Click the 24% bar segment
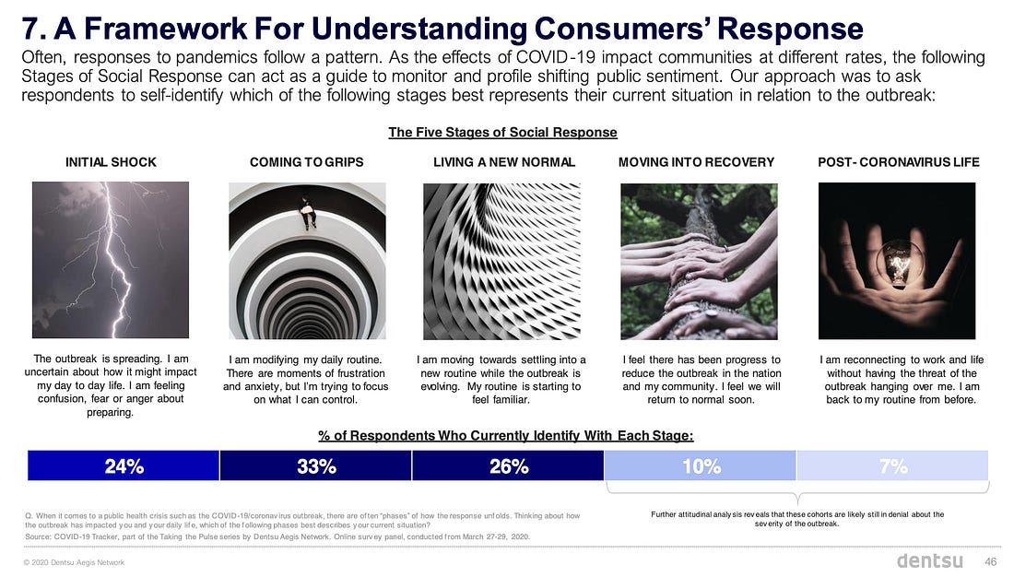pos(124,465)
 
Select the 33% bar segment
pos(315,465)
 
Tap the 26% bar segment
pos(508,465)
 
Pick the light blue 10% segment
pos(701,465)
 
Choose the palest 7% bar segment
pos(892,465)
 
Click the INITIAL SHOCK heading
pos(111,162)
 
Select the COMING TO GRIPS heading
pos(307,162)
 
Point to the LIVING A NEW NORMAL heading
pos(503,162)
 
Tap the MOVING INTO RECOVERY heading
pos(697,162)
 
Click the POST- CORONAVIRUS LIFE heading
pos(898,162)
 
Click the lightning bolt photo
pos(111,260)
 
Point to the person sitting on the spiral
pos(307,211)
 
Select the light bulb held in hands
pos(899,264)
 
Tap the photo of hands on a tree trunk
pos(699,262)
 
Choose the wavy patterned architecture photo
pos(501,262)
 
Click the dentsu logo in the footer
pos(929,560)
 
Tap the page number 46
pos(990,561)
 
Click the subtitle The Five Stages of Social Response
pos(502,133)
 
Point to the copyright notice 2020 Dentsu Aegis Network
pos(74,562)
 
